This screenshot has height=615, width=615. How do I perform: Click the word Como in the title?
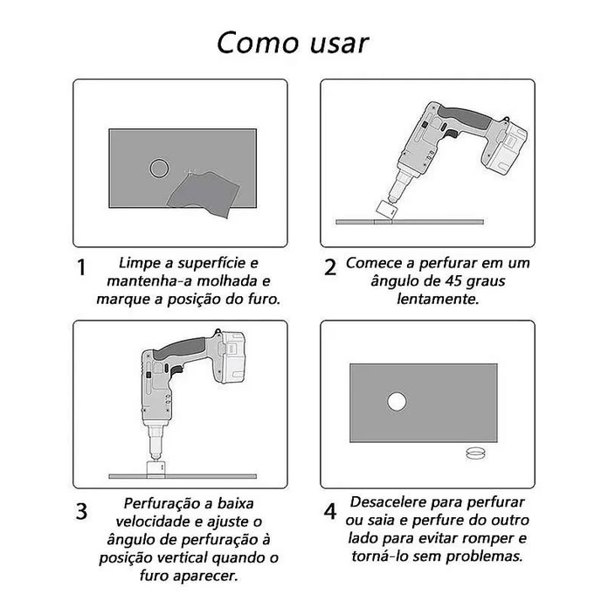(259, 43)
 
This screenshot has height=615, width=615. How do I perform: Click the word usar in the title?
(340, 45)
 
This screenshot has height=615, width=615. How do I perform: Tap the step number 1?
(81, 267)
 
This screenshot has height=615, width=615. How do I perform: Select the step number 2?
(330, 267)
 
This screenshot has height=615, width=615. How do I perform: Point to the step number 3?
(81, 511)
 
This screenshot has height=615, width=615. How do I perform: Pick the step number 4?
(330, 511)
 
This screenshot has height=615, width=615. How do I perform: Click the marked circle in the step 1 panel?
(159, 169)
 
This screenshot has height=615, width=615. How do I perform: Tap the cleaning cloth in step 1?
(204, 194)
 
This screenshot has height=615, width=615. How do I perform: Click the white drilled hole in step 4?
(397, 402)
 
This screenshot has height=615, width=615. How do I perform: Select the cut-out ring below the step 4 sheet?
(475, 453)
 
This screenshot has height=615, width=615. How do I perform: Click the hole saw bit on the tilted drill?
(387, 210)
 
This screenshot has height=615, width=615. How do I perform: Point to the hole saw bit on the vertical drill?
(156, 469)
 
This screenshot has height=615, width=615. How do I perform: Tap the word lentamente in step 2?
(438, 299)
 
